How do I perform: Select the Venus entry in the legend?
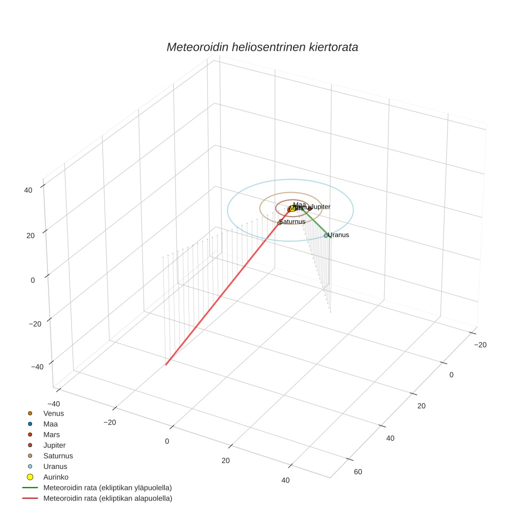click(53, 413)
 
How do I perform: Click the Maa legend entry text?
click(51, 424)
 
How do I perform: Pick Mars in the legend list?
click(52, 434)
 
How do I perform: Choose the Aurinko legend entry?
click(56, 477)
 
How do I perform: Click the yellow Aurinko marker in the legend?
click(30, 477)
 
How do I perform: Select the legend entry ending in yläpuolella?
click(107, 488)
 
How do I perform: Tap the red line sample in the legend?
click(30, 498)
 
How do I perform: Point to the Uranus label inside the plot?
click(338, 235)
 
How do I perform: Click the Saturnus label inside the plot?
click(292, 221)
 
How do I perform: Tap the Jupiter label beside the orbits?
click(320, 206)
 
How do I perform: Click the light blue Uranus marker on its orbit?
click(326, 235)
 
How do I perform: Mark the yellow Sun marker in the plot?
click(292, 209)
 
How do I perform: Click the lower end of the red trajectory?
click(166, 364)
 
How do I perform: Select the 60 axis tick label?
click(357, 471)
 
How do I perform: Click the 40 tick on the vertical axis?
click(28, 189)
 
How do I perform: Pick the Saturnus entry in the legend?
click(58, 456)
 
